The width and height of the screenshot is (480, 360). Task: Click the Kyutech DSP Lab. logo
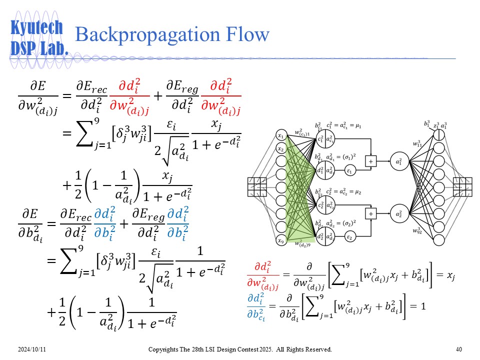(x=38, y=38)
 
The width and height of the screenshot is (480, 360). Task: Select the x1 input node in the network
(x=281, y=136)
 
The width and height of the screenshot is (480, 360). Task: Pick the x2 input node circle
(x=281, y=149)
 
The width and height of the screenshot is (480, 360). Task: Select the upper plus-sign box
(x=371, y=161)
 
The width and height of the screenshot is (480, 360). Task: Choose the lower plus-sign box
(x=371, y=213)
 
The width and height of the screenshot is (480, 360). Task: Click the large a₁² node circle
(x=398, y=161)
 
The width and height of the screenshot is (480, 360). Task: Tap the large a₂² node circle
(x=398, y=213)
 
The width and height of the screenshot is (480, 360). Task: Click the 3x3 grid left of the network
(x=258, y=187)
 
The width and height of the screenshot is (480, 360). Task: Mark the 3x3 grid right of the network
(x=462, y=187)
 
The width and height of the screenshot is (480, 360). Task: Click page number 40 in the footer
(x=459, y=349)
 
